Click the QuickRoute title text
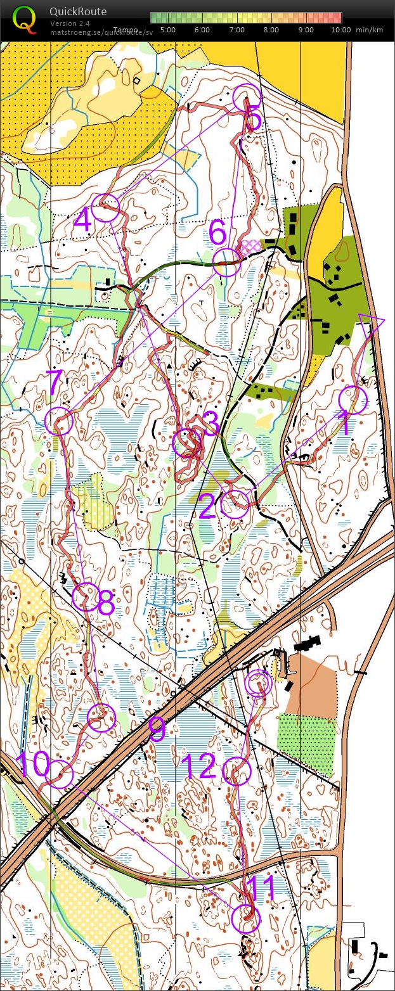click(78, 11)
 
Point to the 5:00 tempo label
click(168, 29)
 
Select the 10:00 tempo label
click(340, 29)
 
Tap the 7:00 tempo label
click(236, 29)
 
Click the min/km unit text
click(369, 29)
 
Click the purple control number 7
click(54, 383)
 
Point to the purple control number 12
click(198, 766)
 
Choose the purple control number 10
click(32, 765)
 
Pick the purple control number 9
click(157, 729)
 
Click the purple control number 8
click(105, 604)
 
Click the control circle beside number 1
click(353, 400)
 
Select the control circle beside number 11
click(246, 919)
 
